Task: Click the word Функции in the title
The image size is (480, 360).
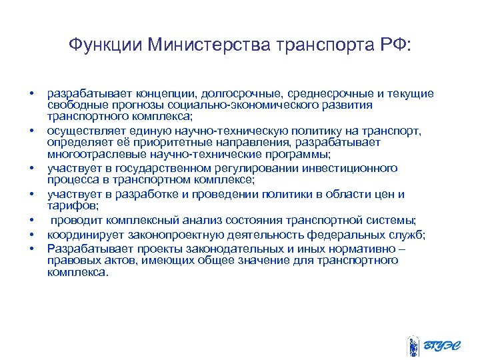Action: [x=106, y=45]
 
